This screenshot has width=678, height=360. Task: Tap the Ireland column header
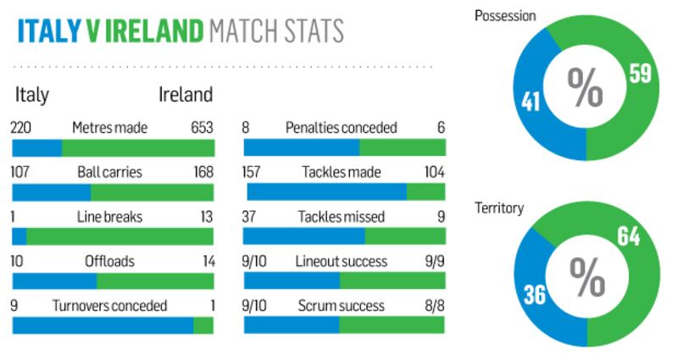point(186,94)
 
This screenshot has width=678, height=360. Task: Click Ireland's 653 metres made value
point(203,128)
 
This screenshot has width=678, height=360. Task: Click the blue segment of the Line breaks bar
point(19,236)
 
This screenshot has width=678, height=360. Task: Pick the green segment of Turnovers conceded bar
point(203,325)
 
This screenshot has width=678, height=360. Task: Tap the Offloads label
point(109,262)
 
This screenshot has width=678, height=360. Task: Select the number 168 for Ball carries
point(203,173)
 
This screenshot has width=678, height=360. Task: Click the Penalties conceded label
point(341,128)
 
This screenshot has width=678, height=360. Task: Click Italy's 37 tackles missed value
point(252,217)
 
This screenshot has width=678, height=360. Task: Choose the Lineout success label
point(341,262)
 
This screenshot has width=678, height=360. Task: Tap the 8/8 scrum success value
point(433,306)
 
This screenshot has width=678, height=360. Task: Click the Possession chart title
point(506,15)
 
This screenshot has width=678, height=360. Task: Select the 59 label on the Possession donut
point(640,75)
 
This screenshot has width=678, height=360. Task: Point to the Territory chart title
point(499,208)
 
